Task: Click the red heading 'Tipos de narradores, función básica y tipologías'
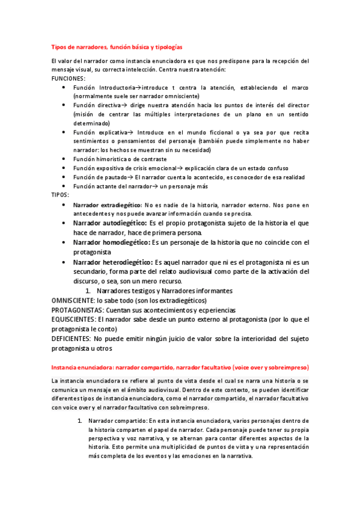pyautogui.click(x=117, y=47)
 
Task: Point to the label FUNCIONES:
pyautogui.click(x=69, y=78)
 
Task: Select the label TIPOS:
pyautogui.click(x=60, y=195)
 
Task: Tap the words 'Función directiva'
pyautogui.click(x=97, y=105)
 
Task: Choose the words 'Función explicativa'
pyautogui.click(x=100, y=132)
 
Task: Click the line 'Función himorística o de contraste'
pyautogui.click(x=120, y=159)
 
